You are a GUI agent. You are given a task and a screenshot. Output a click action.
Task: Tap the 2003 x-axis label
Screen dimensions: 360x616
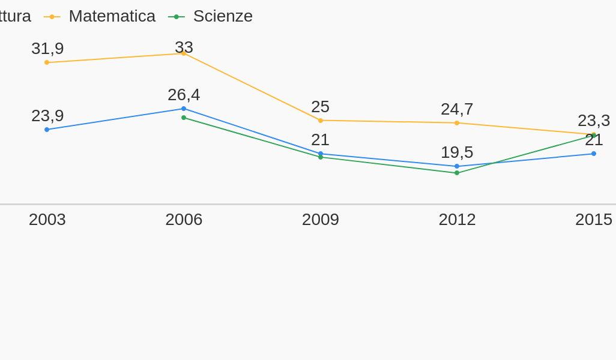tap(47, 220)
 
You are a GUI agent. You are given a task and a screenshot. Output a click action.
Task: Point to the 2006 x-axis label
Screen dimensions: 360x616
tap(184, 220)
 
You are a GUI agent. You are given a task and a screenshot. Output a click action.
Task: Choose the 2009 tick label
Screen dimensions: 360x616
tap(321, 220)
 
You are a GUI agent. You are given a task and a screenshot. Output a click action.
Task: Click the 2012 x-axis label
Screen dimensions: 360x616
tap(457, 220)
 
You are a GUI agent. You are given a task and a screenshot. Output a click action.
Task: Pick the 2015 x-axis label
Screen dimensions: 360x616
tap(594, 220)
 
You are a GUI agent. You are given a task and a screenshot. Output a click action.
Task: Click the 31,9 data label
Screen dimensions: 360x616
tap(47, 49)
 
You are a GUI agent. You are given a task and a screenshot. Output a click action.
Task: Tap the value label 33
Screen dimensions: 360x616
tap(184, 47)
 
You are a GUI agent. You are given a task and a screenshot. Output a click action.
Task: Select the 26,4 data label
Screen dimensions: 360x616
tap(184, 95)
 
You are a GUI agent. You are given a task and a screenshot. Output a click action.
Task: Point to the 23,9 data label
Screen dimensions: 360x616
tap(47, 116)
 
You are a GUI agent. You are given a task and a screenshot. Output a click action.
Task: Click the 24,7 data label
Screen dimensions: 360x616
tap(457, 109)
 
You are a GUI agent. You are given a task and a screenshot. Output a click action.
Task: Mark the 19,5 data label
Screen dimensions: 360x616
tap(457, 152)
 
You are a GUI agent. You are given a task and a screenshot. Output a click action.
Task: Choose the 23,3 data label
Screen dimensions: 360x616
tap(594, 121)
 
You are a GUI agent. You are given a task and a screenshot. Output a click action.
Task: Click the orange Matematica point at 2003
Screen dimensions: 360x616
tap(47, 62)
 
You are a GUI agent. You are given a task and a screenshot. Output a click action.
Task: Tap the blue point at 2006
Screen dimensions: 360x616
tap(184, 109)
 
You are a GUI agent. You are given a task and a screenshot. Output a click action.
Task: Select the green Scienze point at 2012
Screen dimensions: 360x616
tap(457, 173)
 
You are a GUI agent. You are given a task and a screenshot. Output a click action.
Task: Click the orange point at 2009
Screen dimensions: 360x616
tap(321, 121)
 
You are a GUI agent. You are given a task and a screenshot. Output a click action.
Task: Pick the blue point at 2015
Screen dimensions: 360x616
tap(594, 154)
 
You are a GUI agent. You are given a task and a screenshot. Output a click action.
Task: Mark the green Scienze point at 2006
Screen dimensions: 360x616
tap(184, 118)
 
